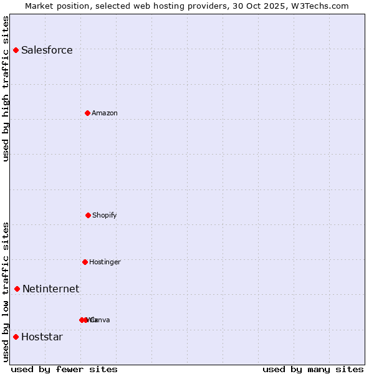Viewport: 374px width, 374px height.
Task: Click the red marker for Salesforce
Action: pos(16,50)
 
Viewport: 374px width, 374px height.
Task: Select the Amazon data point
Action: pos(87,113)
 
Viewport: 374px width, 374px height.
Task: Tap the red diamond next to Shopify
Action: pos(88,215)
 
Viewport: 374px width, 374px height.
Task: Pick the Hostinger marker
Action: pos(85,262)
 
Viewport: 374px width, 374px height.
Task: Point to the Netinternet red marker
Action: pos(17,289)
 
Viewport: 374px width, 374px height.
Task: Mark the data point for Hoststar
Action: pos(16,337)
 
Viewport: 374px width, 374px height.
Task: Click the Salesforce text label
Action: pos(47,50)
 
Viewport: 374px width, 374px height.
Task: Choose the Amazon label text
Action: pos(105,113)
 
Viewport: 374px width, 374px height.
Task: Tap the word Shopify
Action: pos(105,215)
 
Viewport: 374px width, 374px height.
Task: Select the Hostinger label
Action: pos(105,262)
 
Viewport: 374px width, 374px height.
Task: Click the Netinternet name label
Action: pos(50,289)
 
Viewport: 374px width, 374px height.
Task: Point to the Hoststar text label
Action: pos(42,337)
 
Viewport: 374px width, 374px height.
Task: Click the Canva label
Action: pos(100,320)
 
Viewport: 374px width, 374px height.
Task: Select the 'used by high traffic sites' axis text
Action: pos(6,89)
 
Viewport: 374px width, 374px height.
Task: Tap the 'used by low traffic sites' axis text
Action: pos(6,292)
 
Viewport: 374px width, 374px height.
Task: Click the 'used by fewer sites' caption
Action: pos(64,369)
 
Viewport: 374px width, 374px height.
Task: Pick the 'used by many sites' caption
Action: pos(313,369)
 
